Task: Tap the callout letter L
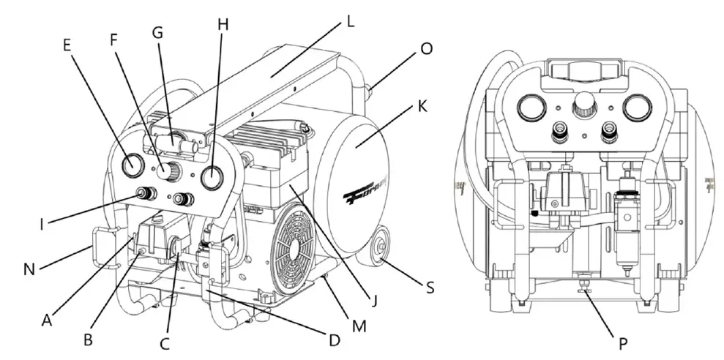pos(351,21)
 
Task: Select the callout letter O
pos(426,48)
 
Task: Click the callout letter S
pos(430,288)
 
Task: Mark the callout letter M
pos(358,323)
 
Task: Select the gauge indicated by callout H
pos(212,177)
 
